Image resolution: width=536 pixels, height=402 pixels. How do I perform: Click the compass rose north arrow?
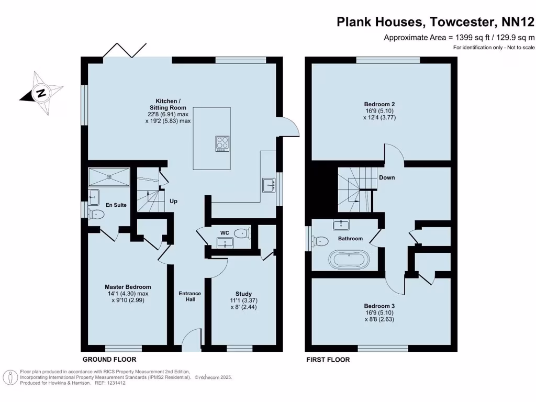(x=41, y=94)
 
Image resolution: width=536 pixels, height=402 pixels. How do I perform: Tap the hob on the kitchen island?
(x=222, y=143)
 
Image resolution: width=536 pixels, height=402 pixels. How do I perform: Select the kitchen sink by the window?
(x=269, y=185)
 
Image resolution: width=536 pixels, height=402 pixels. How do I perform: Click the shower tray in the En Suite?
(x=109, y=176)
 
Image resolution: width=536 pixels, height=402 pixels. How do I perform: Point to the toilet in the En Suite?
(x=97, y=214)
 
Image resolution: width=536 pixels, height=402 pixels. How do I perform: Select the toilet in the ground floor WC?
(x=242, y=233)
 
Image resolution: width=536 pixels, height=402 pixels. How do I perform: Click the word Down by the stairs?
(x=387, y=177)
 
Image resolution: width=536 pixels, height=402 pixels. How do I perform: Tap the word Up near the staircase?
(x=173, y=201)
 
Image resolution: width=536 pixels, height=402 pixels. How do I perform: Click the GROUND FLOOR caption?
(x=109, y=360)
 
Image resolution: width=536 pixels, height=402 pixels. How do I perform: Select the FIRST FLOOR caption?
(x=328, y=360)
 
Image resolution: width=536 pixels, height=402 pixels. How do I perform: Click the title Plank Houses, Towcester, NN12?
(x=435, y=22)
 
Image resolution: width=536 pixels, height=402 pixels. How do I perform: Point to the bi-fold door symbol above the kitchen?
(x=124, y=50)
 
